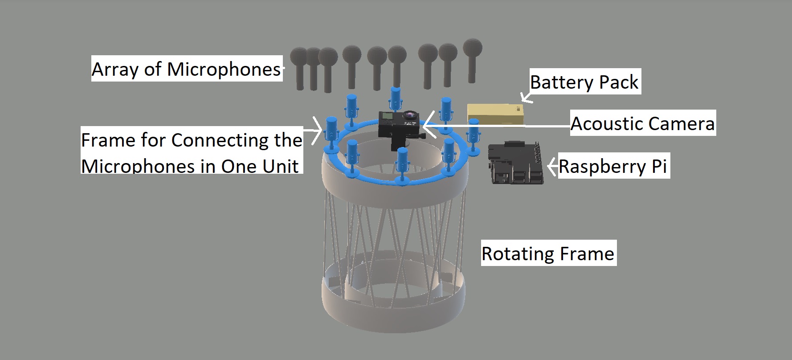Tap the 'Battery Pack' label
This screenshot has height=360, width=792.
(x=584, y=82)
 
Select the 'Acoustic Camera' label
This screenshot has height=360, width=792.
(x=642, y=123)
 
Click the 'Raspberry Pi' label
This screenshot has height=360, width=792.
(x=612, y=166)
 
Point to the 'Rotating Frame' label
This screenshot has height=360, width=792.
(x=548, y=254)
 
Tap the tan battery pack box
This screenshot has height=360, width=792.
(x=495, y=115)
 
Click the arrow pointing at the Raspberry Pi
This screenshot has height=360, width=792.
(x=552, y=167)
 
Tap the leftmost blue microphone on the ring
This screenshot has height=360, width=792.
(x=332, y=133)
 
